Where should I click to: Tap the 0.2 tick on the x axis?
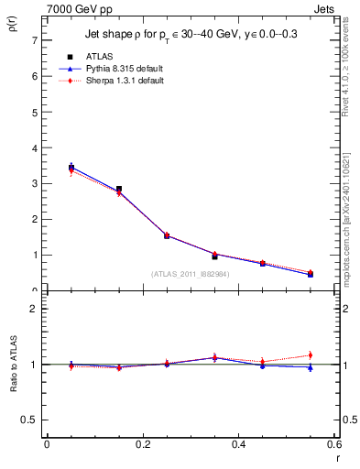point(142,445)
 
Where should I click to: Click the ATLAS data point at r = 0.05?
point(71,168)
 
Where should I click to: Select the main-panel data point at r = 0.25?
point(167,235)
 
